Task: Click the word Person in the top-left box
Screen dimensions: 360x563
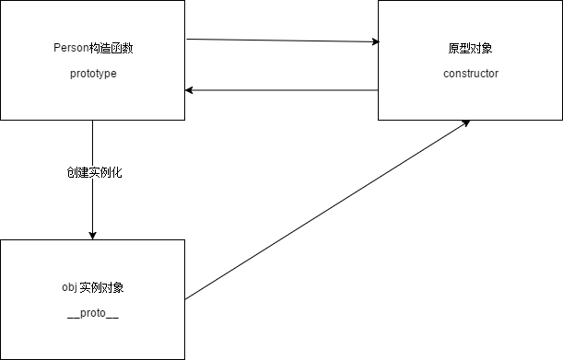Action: coord(72,48)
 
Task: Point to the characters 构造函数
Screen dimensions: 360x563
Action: coord(111,48)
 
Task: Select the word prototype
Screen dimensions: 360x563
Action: coord(92,74)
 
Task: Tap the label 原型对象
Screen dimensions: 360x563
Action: coord(470,48)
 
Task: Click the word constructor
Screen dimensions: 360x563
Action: coord(470,74)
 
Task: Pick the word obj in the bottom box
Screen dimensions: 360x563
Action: coord(57,287)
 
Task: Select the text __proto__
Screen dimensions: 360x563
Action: coord(92,314)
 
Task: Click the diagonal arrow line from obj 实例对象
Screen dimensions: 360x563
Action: coord(323,212)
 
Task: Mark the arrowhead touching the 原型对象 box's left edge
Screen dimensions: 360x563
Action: coord(374,42)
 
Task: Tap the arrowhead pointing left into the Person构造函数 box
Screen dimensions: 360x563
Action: coord(190,90)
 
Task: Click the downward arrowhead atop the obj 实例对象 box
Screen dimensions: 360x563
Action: coord(92,235)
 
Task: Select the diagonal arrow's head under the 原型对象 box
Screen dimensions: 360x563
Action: coord(466,122)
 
